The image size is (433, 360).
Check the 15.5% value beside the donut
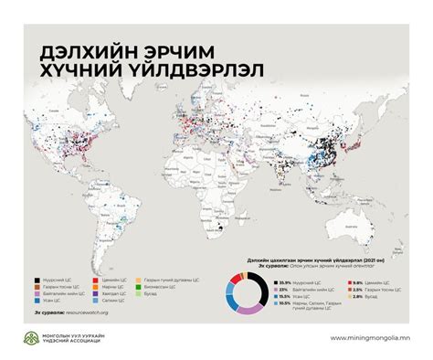285,297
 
